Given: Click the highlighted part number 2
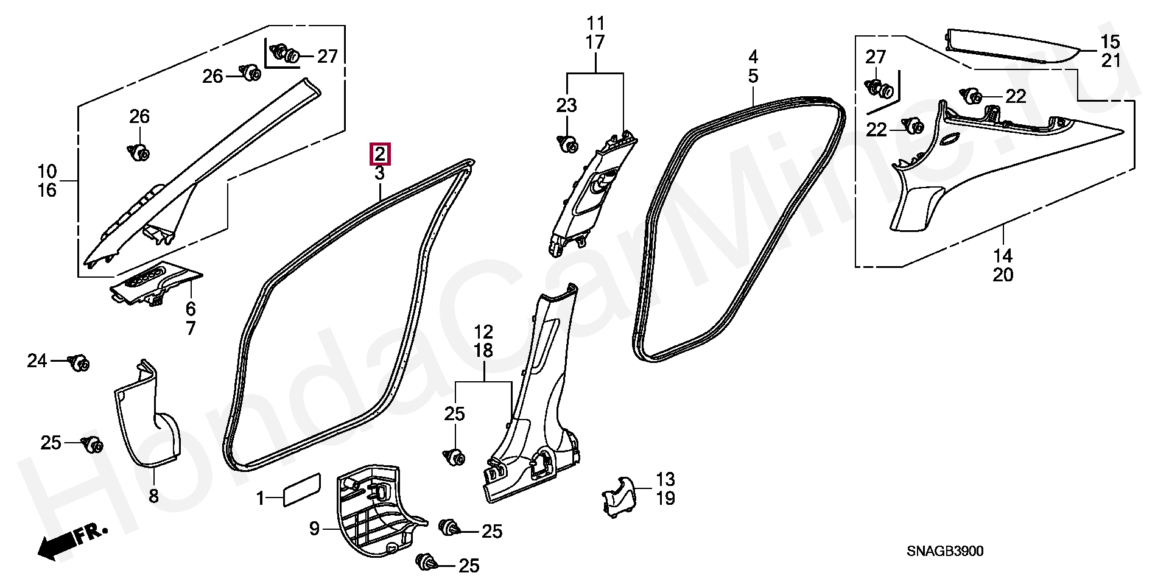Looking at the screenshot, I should pyautogui.click(x=379, y=155).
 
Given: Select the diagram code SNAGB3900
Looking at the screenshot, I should pyautogui.click(x=944, y=552).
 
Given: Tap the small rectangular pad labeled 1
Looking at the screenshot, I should pyautogui.click(x=301, y=488).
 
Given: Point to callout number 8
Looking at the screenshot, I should pyautogui.click(x=153, y=496).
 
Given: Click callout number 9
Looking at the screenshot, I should pyautogui.click(x=314, y=529).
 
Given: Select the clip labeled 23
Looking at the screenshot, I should pyautogui.click(x=569, y=145).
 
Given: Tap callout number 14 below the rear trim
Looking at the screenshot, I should pyautogui.click(x=1003, y=255).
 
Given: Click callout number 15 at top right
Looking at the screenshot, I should pyautogui.click(x=1109, y=42).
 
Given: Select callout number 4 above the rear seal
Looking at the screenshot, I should pyautogui.click(x=753, y=57).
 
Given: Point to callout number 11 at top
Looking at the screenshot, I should pyautogui.click(x=595, y=24).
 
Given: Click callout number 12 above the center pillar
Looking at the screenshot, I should pyautogui.click(x=484, y=332).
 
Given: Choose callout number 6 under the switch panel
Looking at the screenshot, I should pyautogui.click(x=191, y=309).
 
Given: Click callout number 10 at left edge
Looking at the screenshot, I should pyautogui.click(x=47, y=171).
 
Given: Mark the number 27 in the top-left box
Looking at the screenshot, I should pyautogui.click(x=327, y=57).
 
